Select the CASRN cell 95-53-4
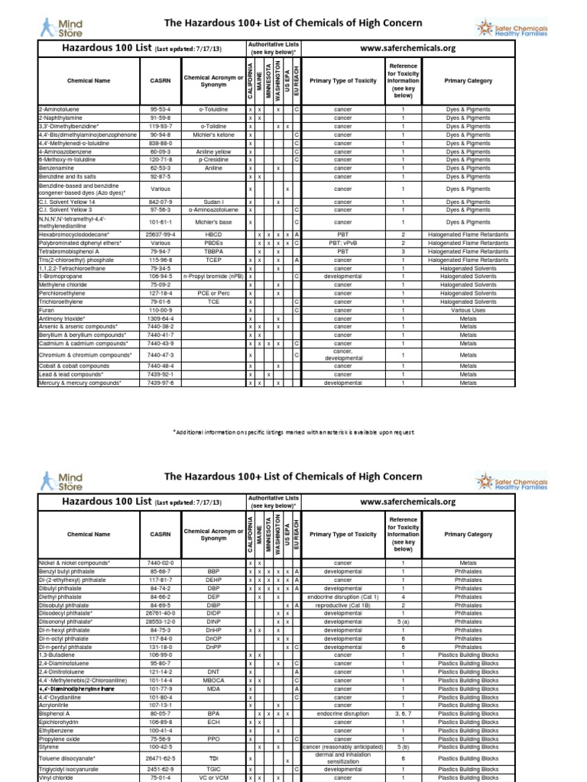click(161, 110)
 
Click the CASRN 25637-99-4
click(161, 234)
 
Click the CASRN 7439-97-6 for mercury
click(161, 383)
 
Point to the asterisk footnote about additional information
click(293, 431)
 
